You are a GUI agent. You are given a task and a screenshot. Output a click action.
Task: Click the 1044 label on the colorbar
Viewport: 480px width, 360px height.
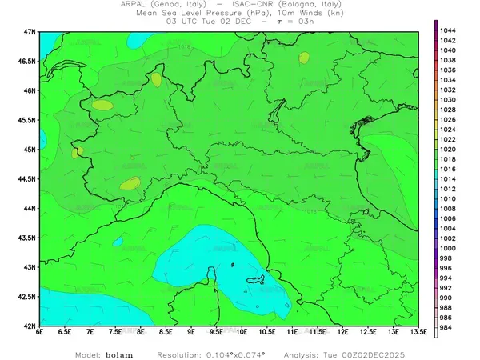(x=448, y=30)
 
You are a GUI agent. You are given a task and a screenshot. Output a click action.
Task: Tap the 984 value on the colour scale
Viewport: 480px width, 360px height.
(x=448, y=328)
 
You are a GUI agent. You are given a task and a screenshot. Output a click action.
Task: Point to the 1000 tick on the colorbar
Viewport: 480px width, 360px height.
(x=448, y=248)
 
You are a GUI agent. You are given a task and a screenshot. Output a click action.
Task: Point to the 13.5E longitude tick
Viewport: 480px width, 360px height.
(x=416, y=332)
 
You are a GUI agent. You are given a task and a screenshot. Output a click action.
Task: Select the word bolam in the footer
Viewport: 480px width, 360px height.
(x=119, y=353)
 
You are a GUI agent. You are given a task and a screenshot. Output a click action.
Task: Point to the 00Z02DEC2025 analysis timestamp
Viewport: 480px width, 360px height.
(x=387, y=353)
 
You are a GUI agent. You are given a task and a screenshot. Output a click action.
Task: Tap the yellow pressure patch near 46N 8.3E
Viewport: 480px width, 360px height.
(x=156, y=80)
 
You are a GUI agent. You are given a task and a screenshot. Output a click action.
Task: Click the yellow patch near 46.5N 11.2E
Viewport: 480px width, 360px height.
(x=304, y=58)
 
